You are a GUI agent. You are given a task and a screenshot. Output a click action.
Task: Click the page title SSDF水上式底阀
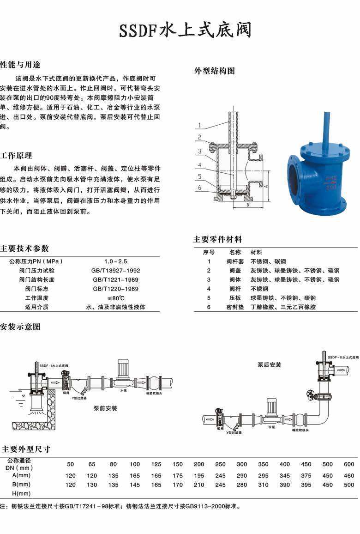(185, 30)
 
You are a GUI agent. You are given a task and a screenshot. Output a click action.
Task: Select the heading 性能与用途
(17, 64)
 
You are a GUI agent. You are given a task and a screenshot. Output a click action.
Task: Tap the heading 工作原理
(17, 155)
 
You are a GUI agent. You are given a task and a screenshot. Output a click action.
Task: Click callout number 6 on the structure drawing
(199, 188)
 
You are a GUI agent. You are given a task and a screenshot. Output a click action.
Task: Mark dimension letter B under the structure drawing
(247, 204)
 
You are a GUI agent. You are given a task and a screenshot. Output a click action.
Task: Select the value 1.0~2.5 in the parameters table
(116, 261)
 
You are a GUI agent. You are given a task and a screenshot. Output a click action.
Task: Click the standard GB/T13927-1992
(116, 271)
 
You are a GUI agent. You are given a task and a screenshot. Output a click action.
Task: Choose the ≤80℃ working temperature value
(116, 298)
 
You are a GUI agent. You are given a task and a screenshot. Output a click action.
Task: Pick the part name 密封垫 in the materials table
(235, 307)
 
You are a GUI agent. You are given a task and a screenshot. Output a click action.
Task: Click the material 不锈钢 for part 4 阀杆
(259, 289)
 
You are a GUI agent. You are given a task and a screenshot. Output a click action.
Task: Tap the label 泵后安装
(269, 365)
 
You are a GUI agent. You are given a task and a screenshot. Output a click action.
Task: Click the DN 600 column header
(349, 464)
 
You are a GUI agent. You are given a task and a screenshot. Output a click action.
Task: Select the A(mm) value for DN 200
(199, 476)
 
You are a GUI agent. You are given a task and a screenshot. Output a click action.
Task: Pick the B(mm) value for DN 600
(349, 485)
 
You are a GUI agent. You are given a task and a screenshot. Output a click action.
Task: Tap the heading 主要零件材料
(217, 240)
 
